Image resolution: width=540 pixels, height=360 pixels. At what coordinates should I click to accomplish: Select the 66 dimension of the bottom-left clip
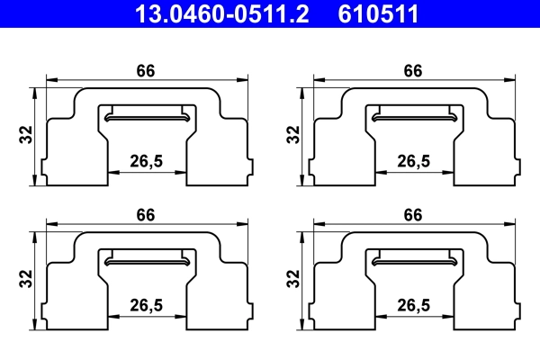(147, 215)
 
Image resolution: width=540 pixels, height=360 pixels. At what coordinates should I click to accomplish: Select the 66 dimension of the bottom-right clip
(413, 215)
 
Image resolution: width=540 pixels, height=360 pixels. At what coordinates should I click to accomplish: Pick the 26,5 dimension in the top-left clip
(147, 162)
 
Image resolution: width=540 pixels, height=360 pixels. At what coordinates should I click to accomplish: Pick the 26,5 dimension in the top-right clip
(413, 162)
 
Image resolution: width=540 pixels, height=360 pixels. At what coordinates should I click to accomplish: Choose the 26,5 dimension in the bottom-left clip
(147, 306)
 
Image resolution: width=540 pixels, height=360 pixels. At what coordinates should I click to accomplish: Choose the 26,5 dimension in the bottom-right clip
(413, 306)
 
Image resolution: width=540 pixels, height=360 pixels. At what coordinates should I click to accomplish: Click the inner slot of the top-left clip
(148, 115)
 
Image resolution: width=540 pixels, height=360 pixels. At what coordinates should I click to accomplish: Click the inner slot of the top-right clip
(414, 115)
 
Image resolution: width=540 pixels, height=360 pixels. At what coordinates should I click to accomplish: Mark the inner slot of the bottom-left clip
(148, 259)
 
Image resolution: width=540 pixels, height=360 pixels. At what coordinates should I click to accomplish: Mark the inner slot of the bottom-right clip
(414, 259)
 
